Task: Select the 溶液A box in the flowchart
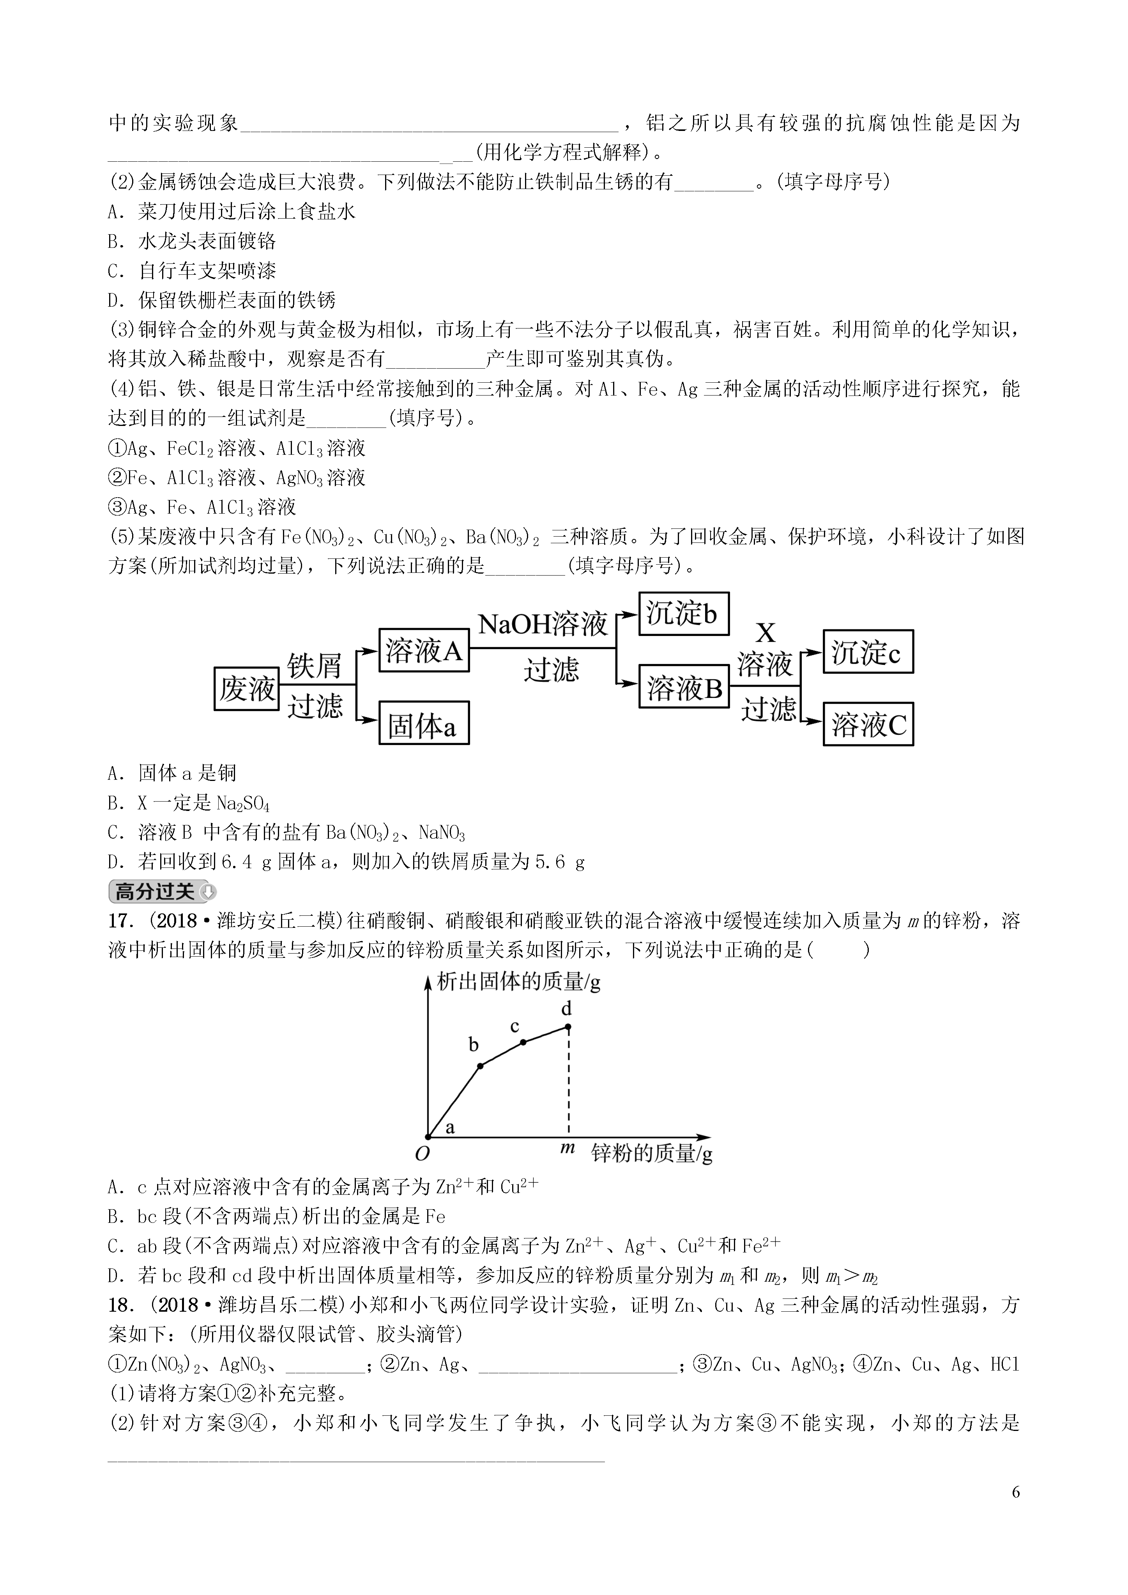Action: (423, 651)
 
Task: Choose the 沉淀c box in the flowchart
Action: (867, 652)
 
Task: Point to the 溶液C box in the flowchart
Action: (867, 724)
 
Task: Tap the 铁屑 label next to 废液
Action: (315, 666)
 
